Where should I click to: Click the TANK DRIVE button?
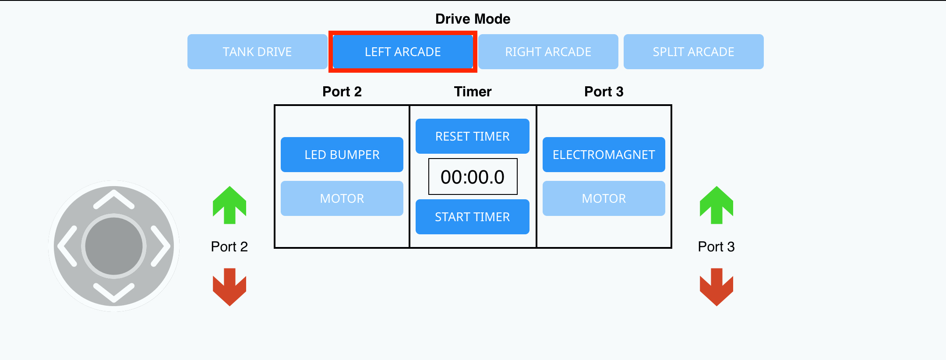(257, 52)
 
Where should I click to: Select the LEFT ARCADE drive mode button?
(402, 52)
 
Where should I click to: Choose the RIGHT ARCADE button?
(548, 52)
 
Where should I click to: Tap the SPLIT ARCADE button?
(693, 52)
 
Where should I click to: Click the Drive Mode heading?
(473, 19)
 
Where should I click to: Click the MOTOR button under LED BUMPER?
(342, 198)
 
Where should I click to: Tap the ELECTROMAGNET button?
(604, 155)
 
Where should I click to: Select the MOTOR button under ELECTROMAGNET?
(604, 198)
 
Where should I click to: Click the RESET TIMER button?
(472, 136)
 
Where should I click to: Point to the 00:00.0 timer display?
(473, 176)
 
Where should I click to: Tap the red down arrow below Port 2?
(229, 287)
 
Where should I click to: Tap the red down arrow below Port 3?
(717, 287)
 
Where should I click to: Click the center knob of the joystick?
(114, 246)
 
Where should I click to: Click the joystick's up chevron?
(114, 199)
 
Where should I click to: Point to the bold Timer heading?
(473, 92)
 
